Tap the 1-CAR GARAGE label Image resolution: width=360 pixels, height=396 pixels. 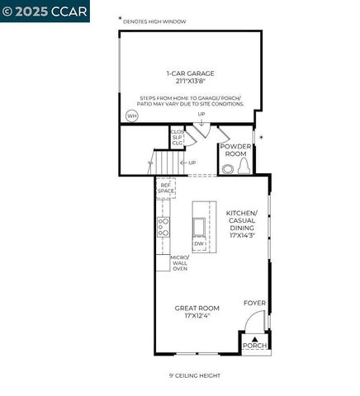click(x=191, y=73)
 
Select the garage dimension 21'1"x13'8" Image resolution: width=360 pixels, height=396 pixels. click(x=191, y=81)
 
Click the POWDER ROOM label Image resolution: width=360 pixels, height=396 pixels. click(x=234, y=151)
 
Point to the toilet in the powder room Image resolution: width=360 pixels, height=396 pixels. click(x=244, y=167)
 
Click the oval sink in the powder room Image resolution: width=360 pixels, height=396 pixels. click(x=228, y=168)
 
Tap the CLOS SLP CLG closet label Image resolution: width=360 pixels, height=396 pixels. click(x=177, y=136)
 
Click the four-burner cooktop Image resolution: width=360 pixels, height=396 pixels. click(x=163, y=227)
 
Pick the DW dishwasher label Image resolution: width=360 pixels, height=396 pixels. click(x=199, y=244)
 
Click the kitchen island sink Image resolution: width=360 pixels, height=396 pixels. click(x=200, y=227)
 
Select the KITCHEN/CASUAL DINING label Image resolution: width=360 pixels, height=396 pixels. click(x=242, y=224)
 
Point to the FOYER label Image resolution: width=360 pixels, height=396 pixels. click(x=254, y=303)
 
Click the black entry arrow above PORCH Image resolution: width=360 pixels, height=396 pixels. click(x=255, y=338)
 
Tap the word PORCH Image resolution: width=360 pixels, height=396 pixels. click(x=254, y=346)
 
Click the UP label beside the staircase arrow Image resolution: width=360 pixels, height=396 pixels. click(x=192, y=163)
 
